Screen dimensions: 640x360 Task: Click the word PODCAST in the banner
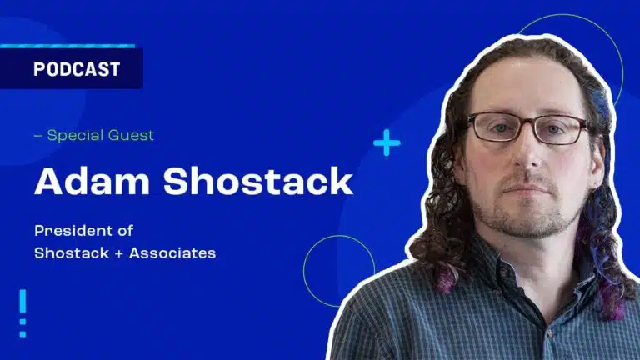(77, 69)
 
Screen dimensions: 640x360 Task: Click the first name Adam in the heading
(92, 181)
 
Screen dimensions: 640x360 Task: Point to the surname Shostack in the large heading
(258, 181)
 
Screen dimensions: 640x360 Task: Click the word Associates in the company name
(172, 253)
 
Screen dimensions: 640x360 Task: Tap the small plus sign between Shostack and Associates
(119, 254)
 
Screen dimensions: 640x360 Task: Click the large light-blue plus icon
(387, 142)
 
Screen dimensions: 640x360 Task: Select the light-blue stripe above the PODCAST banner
(67, 46)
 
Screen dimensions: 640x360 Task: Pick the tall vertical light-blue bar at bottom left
(22, 301)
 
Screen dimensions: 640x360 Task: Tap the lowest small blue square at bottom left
(22, 334)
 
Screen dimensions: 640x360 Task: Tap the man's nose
(528, 155)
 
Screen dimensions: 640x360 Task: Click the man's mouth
(527, 189)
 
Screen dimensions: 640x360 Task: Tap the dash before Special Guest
(38, 136)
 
